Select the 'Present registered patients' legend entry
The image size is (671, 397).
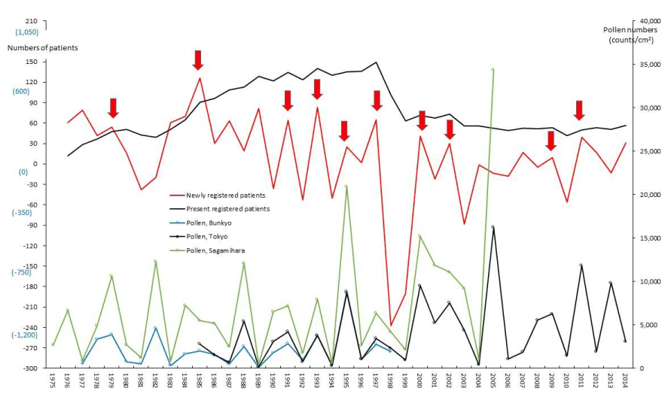[227, 208]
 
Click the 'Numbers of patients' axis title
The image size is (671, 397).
[42, 47]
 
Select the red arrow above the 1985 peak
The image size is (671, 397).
[198, 61]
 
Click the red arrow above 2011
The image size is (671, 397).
[579, 110]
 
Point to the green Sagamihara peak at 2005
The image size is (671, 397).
[493, 69]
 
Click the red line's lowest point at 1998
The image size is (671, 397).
[390, 325]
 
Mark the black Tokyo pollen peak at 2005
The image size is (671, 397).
[493, 226]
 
